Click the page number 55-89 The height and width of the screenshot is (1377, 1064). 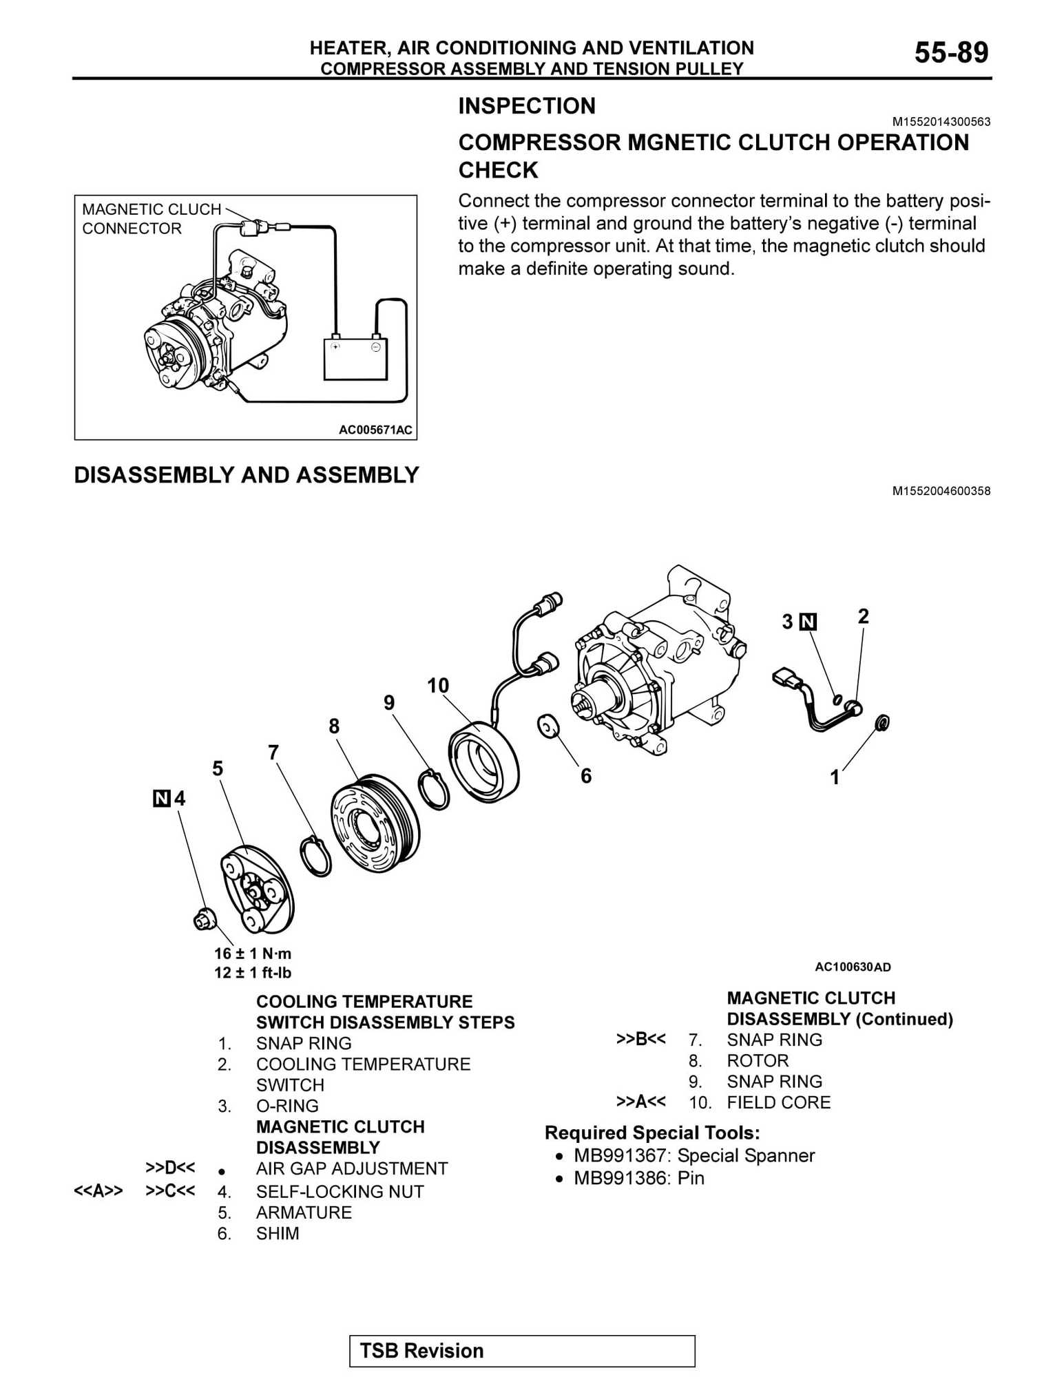[950, 53]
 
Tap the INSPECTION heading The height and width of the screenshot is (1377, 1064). [527, 106]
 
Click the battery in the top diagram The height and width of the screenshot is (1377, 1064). [355, 359]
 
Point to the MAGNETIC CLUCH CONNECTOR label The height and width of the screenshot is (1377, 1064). [152, 218]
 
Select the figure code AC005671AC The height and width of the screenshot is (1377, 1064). [375, 430]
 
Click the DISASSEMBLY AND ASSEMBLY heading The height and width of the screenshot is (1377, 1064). [247, 475]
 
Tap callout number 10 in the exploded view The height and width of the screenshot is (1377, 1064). [438, 686]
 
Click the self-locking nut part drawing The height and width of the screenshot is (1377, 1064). [204, 918]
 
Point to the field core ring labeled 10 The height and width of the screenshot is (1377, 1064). [483, 761]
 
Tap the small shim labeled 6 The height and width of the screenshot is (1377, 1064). [548, 726]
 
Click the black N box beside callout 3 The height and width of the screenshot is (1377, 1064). [808, 622]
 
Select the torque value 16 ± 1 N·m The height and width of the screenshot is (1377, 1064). [253, 954]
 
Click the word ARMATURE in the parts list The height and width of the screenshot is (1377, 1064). [304, 1212]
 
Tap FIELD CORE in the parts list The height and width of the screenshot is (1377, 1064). [778, 1102]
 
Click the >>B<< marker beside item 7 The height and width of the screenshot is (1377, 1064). [640, 1039]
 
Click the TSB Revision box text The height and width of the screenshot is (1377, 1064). [421, 1351]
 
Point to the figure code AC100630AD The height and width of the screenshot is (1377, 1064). [853, 967]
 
